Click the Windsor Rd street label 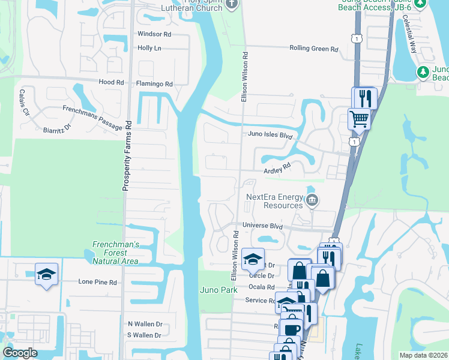click(154, 34)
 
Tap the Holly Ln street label click(151, 47)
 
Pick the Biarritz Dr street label click(58, 128)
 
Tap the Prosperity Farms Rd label click(127, 156)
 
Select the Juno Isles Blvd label click(270, 136)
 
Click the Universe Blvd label click(262, 226)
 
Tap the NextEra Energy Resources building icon click(312, 200)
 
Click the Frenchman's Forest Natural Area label click(116, 253)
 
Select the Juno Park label click(216, 290)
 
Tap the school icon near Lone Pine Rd click(46, 274)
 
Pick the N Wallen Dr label click(145, 324)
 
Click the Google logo click(20, 353)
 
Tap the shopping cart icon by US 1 click(359, 119)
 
